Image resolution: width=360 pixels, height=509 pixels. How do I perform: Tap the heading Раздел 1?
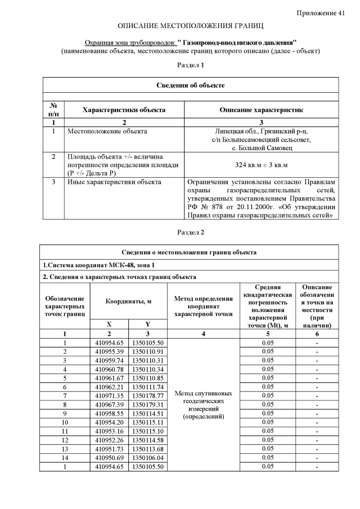coord(191,65)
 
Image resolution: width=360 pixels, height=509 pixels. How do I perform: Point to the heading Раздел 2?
coord(191,232)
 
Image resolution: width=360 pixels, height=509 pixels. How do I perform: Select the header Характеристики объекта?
coord(124,110)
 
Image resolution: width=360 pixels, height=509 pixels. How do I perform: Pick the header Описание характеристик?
coord(261,110)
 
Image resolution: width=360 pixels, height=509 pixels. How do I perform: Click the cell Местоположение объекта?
coord(107,131)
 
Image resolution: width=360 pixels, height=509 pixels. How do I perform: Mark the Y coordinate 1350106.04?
coord(147,457)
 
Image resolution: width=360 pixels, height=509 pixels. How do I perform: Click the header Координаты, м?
coord(128,301)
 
